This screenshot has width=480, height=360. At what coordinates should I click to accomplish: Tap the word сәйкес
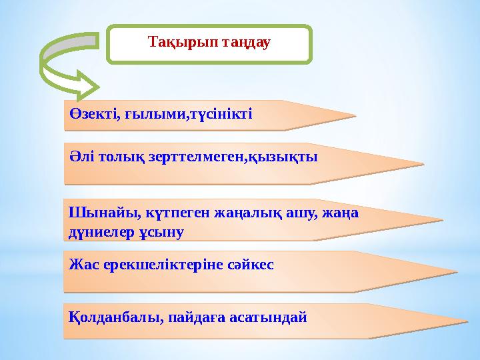coord(252,264)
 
